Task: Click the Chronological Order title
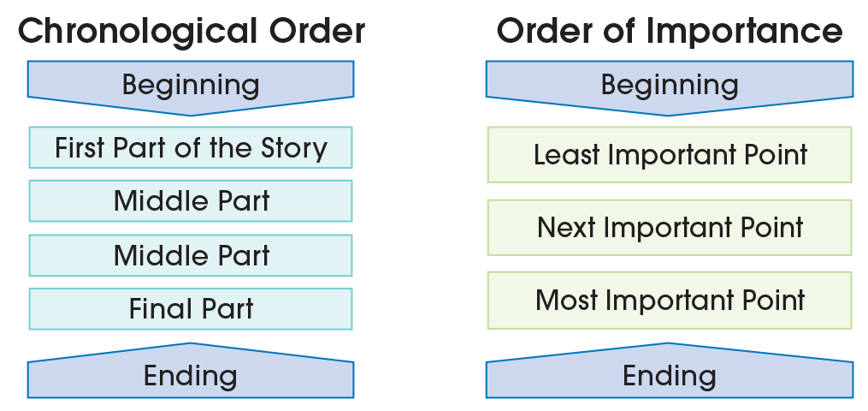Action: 191,32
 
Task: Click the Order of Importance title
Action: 670,32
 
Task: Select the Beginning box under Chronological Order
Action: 191,85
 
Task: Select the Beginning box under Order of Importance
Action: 670,85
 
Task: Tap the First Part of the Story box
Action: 191,148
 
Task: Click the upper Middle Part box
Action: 191,201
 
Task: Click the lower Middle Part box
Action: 191,255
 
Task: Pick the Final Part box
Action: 191,308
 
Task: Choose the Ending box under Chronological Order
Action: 191,376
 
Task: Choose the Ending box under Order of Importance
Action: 670,376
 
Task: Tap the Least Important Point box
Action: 670,155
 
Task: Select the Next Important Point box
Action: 670,228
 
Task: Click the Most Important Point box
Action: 670,301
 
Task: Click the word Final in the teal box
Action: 156,308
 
